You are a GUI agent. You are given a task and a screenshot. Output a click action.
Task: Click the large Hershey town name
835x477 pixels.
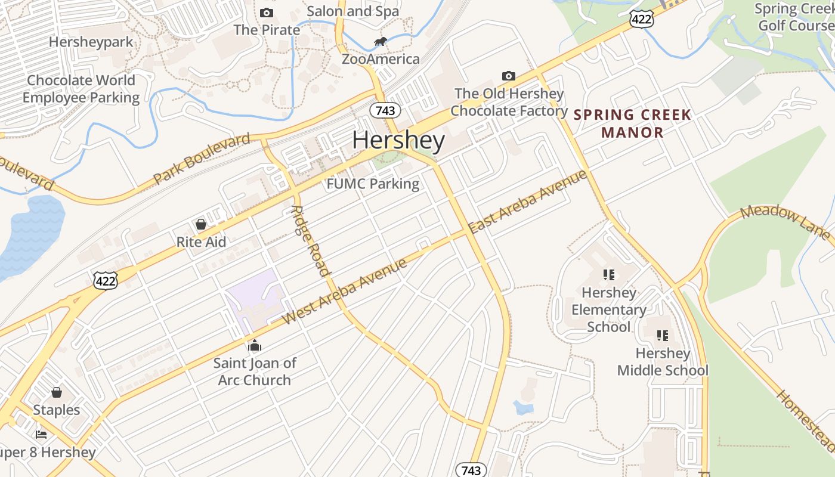[398, 141]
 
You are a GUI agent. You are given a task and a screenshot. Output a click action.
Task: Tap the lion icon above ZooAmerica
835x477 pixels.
[380, 41]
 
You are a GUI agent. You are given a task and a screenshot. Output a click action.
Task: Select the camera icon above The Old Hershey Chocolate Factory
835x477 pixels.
[508, 76]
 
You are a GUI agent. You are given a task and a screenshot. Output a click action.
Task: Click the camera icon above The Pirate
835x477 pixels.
[267, 13]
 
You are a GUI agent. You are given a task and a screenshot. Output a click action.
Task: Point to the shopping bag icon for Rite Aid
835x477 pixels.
[201, 224]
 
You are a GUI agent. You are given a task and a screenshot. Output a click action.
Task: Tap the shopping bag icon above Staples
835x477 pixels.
[57, 392]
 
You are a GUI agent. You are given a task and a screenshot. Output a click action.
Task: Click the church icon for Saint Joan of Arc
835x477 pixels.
[255, 345]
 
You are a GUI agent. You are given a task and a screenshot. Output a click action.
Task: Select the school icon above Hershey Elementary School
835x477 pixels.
[608, 275]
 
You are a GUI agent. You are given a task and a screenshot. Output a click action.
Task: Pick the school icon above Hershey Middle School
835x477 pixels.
[662, 336]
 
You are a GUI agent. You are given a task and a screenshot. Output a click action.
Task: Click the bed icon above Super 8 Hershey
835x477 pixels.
[41, 434]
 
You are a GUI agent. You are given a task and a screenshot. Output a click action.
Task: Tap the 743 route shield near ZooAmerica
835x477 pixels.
[385, 110]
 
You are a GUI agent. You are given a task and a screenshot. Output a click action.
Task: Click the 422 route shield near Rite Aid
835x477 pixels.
[106, 281]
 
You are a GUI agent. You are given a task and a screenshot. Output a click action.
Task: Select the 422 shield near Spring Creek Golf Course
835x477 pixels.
[641, 19]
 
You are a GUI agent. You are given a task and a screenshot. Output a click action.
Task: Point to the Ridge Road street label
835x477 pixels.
[311, 241]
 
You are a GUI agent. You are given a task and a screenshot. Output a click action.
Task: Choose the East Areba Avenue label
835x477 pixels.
[528, 202]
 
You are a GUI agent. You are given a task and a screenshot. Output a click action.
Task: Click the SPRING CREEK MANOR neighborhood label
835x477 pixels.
[632, 123]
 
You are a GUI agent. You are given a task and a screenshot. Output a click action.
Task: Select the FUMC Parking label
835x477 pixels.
[373, 184]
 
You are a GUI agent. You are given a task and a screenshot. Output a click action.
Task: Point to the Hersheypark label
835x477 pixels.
[91, 42]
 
